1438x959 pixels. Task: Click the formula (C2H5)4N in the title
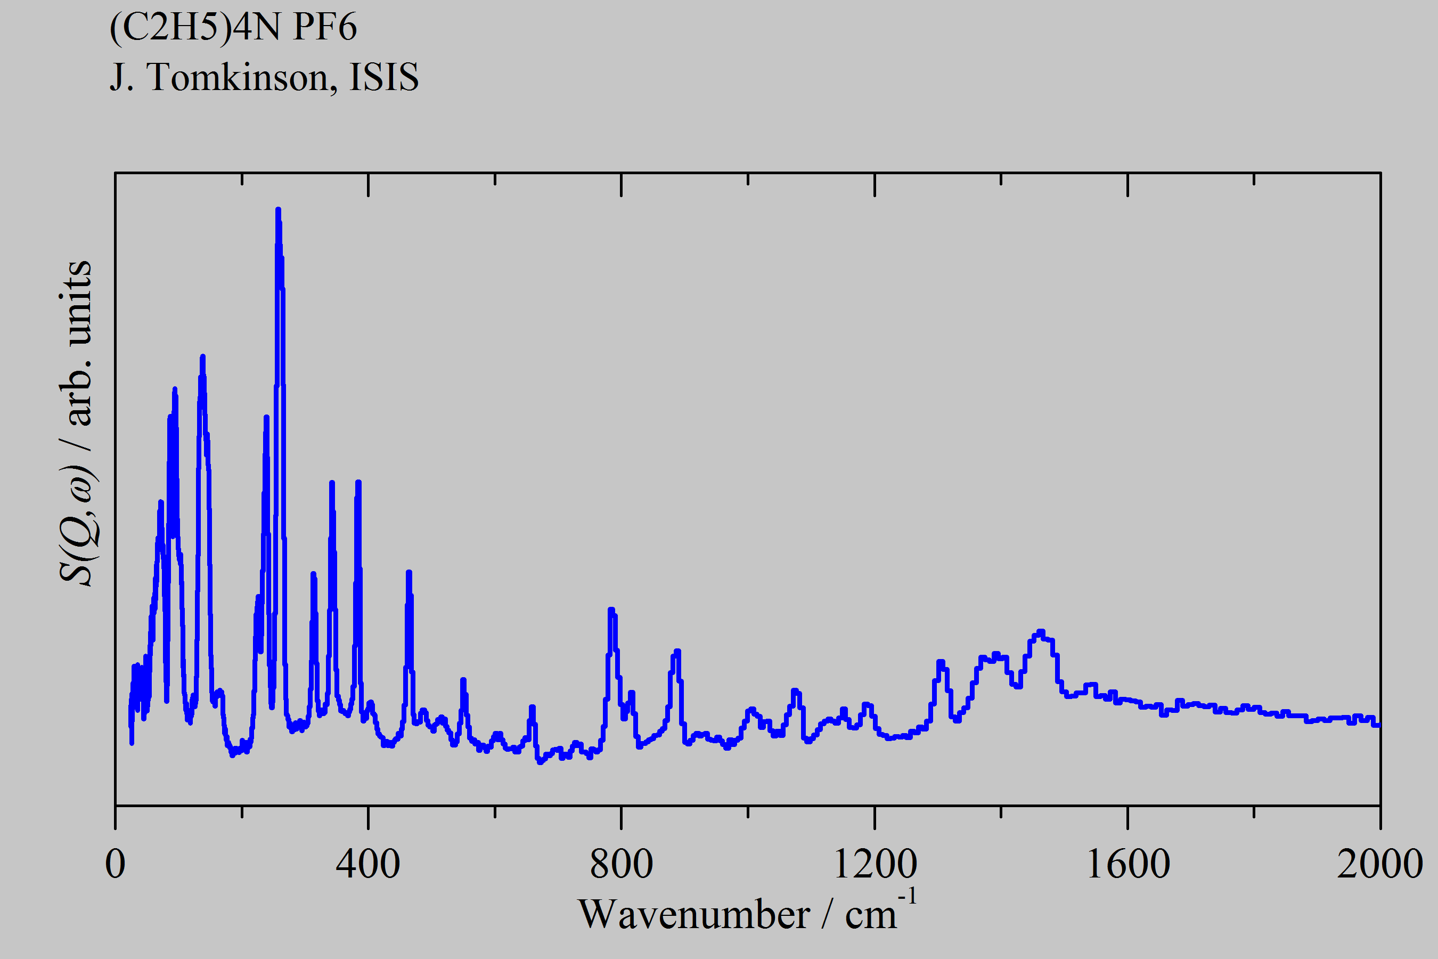[194, 28]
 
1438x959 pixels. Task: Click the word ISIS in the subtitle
[384, 78]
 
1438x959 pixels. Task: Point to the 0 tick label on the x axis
[115, 864]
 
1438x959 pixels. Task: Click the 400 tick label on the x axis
[368, 864]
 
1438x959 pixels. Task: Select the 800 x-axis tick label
[621, 864]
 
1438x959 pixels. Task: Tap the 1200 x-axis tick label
[875, 864]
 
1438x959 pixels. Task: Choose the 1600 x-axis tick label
[1127, 864]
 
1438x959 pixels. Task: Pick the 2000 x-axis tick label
[1380, 864]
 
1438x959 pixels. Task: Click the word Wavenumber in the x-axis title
[693, 915]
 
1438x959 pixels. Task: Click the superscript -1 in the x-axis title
[908, 897]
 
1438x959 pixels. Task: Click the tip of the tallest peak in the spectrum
[278, 210]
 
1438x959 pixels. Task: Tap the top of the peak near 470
[408, 572]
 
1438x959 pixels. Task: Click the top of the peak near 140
[202, 356]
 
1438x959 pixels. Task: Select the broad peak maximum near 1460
[1041, 632]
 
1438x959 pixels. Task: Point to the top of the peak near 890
[677, 652]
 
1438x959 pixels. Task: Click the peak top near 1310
[941, 662]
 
